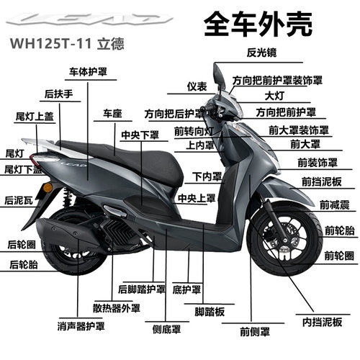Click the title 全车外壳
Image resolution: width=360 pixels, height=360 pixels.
[x=258, y=24]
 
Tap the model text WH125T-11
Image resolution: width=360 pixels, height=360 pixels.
[x=50, y=44]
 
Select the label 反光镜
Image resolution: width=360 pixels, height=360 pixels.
[x=261, y=53]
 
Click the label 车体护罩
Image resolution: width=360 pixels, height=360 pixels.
[x=88, y=72]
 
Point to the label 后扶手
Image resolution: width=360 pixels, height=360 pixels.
[x=59, y=94]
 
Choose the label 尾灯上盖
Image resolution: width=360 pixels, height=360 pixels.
[x=35, y=117]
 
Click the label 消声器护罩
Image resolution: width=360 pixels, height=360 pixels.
[x=81, y=326]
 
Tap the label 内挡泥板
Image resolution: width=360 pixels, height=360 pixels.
[x=322, y=322]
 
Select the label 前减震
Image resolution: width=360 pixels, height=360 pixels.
[x=335, y=205]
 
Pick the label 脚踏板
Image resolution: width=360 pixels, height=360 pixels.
[x=210, y=312]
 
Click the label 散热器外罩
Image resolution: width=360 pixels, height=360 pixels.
[x=117, y=308]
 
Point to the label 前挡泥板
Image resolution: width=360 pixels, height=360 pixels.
[x=322, y=181]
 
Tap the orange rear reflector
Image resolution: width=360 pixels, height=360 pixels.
[x=48, y=187]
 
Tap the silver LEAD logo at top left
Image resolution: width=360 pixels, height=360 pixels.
[x=89, y=19]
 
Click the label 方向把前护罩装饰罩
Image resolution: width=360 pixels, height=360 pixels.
[x=277, y=81]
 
